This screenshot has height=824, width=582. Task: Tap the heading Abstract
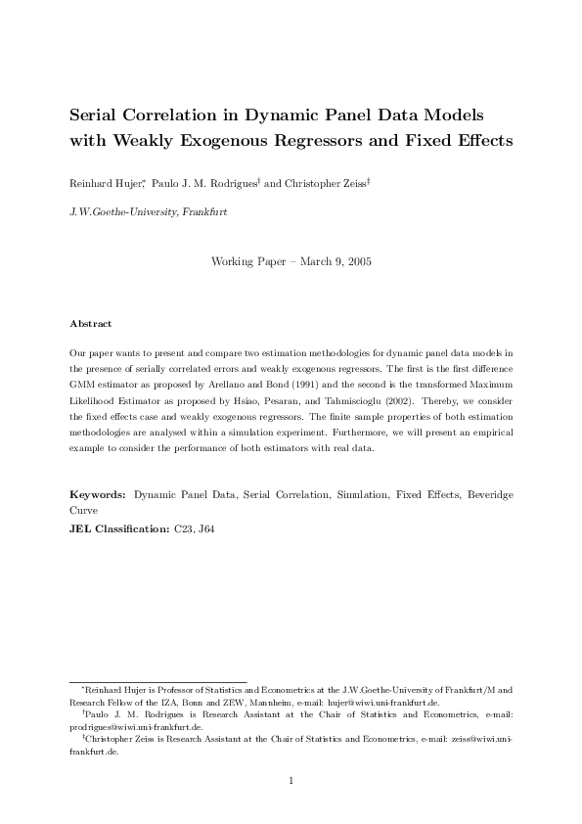click(x=91, y=323)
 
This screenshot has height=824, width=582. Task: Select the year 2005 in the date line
click(x=354, y=261)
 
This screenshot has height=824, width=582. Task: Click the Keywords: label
click(x=99, y=496)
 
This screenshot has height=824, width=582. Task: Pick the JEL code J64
click(x=205, y=528)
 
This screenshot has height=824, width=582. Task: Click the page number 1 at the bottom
click(x=291, y=780)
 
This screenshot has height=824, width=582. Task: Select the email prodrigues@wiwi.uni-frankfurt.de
click(x=136, y=727)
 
